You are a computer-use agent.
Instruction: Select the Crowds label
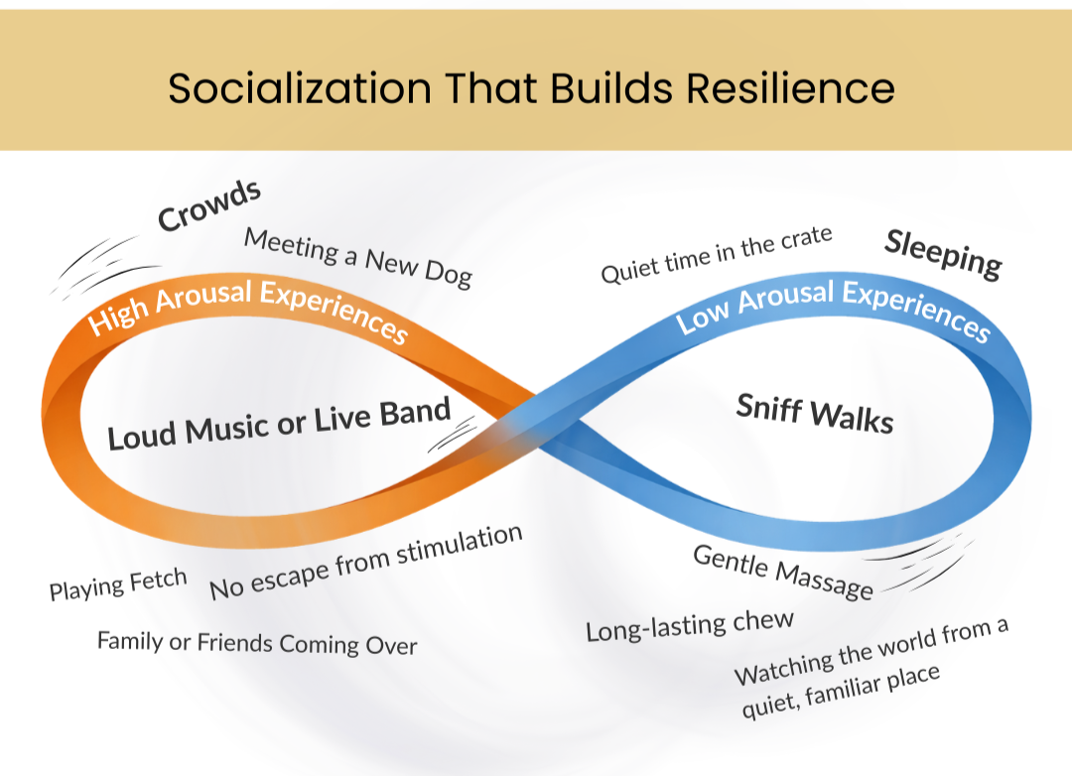pos(209,206)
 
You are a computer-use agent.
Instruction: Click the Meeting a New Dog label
pos(357,256)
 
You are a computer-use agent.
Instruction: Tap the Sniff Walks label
pos(814,413)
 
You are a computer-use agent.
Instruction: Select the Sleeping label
pos(943,254)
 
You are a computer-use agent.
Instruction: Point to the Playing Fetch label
pos(118,585)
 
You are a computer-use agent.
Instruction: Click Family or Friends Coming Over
pos(257,643)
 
